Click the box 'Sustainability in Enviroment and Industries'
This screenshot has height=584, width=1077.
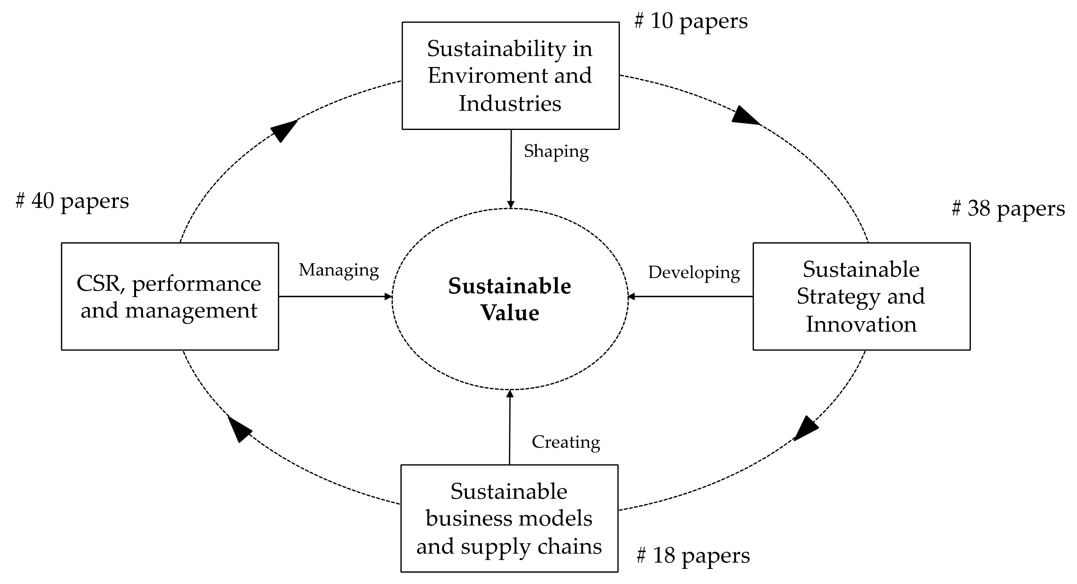coord(510,76)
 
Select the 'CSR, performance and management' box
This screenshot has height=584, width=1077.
coord(170,296)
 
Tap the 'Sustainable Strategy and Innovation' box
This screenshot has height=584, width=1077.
coord(861,296)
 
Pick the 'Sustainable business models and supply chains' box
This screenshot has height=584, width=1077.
coord(509,519)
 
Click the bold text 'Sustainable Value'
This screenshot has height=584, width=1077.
coord(510,299)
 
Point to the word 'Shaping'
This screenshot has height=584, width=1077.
coord(556,151)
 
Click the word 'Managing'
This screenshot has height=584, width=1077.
coord(339,270)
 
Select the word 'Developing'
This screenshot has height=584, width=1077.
coord(694,273)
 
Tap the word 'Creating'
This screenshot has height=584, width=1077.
coord(566,442)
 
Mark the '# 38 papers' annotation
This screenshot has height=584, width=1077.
coord(1008,208)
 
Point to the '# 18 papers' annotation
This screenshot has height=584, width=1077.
coord(693,556)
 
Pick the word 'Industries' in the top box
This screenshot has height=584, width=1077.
coord(510,104)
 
